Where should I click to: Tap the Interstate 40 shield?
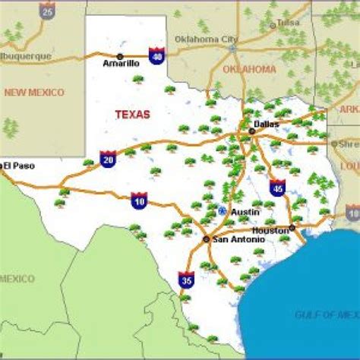click(x=156, y=56)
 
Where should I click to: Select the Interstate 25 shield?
click(x=48, y=10)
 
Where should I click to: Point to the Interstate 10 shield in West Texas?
click(x=139, y=200)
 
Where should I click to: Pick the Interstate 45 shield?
click(x=277, y=187)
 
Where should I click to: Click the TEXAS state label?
click(x=132, y=115)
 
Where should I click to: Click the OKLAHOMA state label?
click(x=250, y=69)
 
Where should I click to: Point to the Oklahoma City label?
click(x=206, y=39)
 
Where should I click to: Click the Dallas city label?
click(x=267, y=124)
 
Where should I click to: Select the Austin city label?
click(x=245, y=212)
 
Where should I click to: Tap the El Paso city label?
click(x=18, y=165)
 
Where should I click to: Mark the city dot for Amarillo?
click(x=119, y=56)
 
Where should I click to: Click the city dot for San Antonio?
click(x=207, y=238)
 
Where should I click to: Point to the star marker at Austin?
click(x=222, y=210)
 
